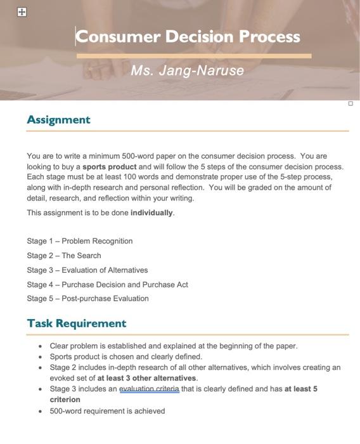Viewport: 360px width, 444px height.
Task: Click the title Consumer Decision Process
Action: tap(188, 37)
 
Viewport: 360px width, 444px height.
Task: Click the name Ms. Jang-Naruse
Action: tap(187, 70)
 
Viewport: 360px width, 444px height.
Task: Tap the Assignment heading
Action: tap(59, 120)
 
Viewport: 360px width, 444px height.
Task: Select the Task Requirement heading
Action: tap(77, 323)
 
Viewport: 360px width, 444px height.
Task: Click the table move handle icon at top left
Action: tap(22, 12)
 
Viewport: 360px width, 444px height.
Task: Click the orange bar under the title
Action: tap(194, 56)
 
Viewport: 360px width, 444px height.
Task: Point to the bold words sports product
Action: tap(110, 167)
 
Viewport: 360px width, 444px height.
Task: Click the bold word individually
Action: tap(151, 213)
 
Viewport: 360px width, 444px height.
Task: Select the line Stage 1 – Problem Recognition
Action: tap(80, 241)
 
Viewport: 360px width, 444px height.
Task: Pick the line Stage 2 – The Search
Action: tap(64, 256)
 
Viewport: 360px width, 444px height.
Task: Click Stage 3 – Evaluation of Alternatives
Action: tap(87, 270)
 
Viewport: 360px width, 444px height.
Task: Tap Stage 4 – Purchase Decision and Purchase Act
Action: tap(108, 285)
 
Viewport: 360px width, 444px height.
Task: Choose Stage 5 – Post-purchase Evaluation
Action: tap(88, 299)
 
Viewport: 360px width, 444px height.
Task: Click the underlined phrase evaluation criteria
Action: tap(149, 389)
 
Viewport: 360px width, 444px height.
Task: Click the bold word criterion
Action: tap(65, 400)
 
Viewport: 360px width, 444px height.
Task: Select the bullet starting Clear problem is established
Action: tap(173, 346)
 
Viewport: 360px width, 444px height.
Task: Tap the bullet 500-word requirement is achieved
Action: tap(107, 411)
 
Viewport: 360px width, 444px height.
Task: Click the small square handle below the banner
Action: tap(350, 103)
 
